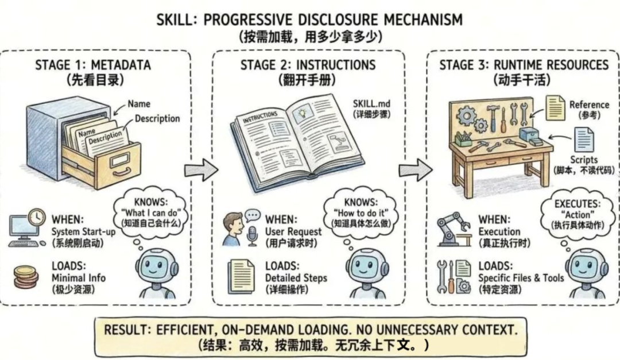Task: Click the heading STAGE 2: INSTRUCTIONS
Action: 308,64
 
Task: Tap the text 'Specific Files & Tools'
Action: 521,278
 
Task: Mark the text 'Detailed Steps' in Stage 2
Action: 296,278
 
